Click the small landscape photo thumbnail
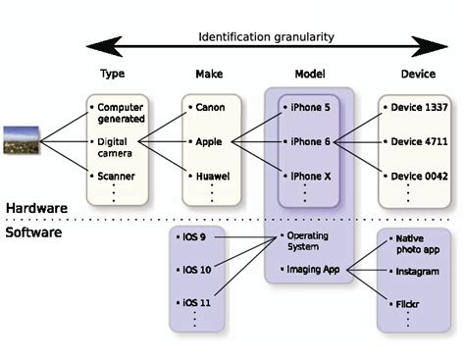coord(20,141)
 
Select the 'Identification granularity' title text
coord(266,36)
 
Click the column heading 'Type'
coord(114,75)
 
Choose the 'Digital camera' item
coord(120,147)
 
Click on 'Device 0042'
coord(420,176)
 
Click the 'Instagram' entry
coord(418,271)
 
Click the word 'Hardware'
coord(37,208)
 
